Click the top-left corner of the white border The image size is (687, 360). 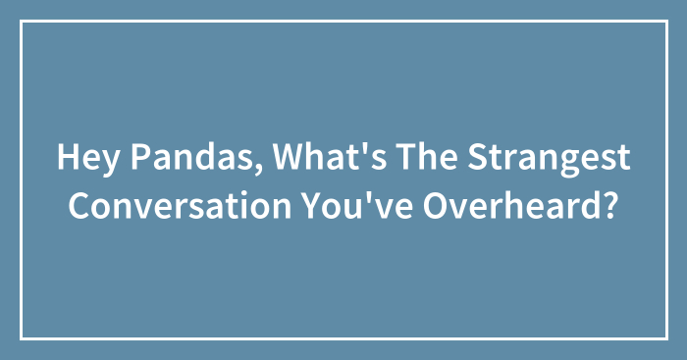point(23,23)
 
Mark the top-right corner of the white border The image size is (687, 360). point(664,23)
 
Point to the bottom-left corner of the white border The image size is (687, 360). point(23,337)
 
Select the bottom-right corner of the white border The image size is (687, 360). point(664,337)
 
